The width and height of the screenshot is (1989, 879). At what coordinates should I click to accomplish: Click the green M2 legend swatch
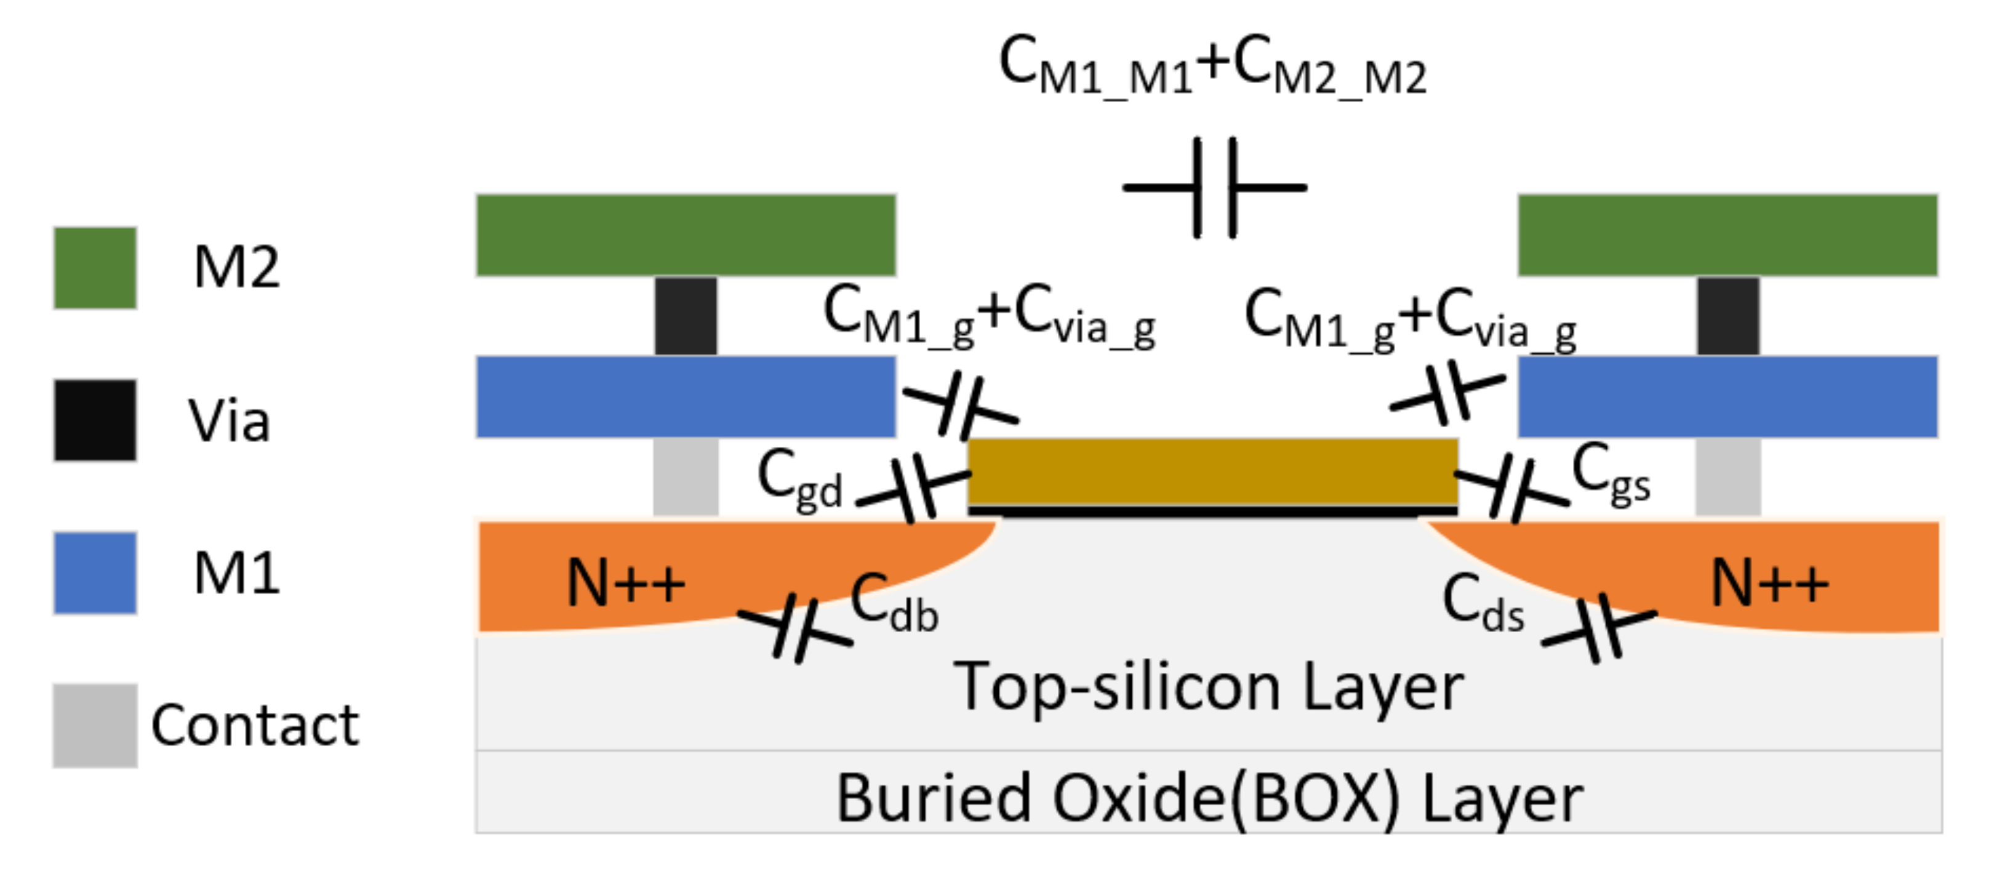click(x=95, y=268)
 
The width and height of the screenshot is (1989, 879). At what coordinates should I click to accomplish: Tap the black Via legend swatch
click(x=95, y=420)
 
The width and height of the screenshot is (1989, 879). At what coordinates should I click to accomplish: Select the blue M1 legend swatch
click(x=95, y=573)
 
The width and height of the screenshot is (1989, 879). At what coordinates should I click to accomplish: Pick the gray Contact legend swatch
click(x=95, y=725)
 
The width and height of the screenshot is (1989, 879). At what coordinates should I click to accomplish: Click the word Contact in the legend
click(x=255, y=725)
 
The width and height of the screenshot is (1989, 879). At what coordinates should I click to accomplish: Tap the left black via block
click(x=686, y=316)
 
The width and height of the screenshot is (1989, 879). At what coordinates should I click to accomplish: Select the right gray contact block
click(x=1728, y=476)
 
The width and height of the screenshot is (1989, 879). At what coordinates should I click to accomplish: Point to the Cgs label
click(x=1611, y=473)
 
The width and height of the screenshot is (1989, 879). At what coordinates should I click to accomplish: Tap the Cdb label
click(x=894, y=604)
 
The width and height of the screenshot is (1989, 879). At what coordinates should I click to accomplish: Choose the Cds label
click(x=1483, y=604)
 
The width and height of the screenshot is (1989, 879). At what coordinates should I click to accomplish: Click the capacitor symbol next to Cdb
click(x=795, y=628)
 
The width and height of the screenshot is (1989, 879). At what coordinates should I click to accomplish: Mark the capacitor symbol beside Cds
click(x=1599, y=628)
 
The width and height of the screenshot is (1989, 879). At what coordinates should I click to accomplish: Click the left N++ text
click(x=625, y=583)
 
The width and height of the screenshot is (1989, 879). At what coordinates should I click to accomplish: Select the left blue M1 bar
click(x=686, y=397)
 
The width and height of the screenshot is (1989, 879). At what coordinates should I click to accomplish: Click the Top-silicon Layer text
click(x=1209, y=688)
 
